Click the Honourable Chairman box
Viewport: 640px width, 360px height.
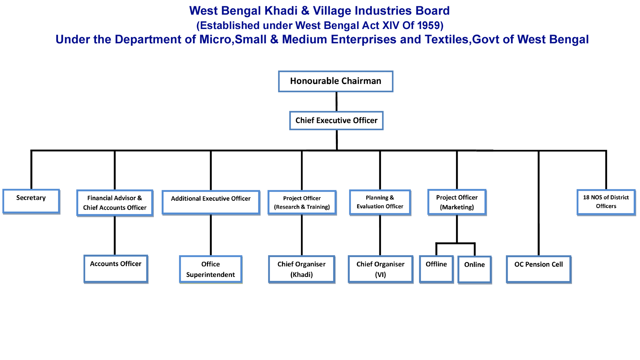pos(336,81)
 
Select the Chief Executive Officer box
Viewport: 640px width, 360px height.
pos(336,121)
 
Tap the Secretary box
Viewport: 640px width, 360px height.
pos(31,201)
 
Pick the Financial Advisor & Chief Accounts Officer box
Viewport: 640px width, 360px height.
pos(115,203)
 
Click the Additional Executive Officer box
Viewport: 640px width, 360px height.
pos(211,202)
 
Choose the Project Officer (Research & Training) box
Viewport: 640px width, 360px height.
pos(302,203)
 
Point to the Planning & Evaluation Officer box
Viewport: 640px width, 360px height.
pos(380,202)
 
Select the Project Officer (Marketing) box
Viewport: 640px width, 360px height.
pos(457,202)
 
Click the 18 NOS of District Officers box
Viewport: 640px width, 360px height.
pos(606,202)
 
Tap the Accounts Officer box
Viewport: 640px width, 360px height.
pos(116,269)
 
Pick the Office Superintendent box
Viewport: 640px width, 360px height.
pos(211,269)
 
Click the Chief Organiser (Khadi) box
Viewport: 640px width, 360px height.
pos(302,269)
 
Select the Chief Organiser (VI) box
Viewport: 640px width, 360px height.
pos(380,269)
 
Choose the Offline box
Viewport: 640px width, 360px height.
pos(436,269)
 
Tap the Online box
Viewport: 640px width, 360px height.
pos(474,270)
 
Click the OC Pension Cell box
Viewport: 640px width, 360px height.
pos(539,269)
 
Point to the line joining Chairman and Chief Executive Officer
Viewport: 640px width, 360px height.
pos(336,102)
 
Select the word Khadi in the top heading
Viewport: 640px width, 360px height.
pos(281,11)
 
